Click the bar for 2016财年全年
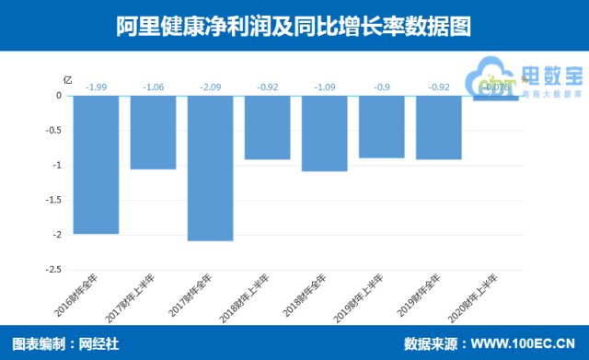coord(97,165)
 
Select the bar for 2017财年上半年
coord(153,133)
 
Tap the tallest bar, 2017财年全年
coord(210,168)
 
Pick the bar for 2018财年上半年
coord(267,128)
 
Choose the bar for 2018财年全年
coord(324,134)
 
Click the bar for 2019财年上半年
coord(381,127)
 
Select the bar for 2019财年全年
coord(438,128)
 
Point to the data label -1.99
coord(97,87)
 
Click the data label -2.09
coord(210,87)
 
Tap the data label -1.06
coord(153,87)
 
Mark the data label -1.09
coord(324,87)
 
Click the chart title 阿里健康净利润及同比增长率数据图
coord(294,26)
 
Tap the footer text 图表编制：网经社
coord(66,344)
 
